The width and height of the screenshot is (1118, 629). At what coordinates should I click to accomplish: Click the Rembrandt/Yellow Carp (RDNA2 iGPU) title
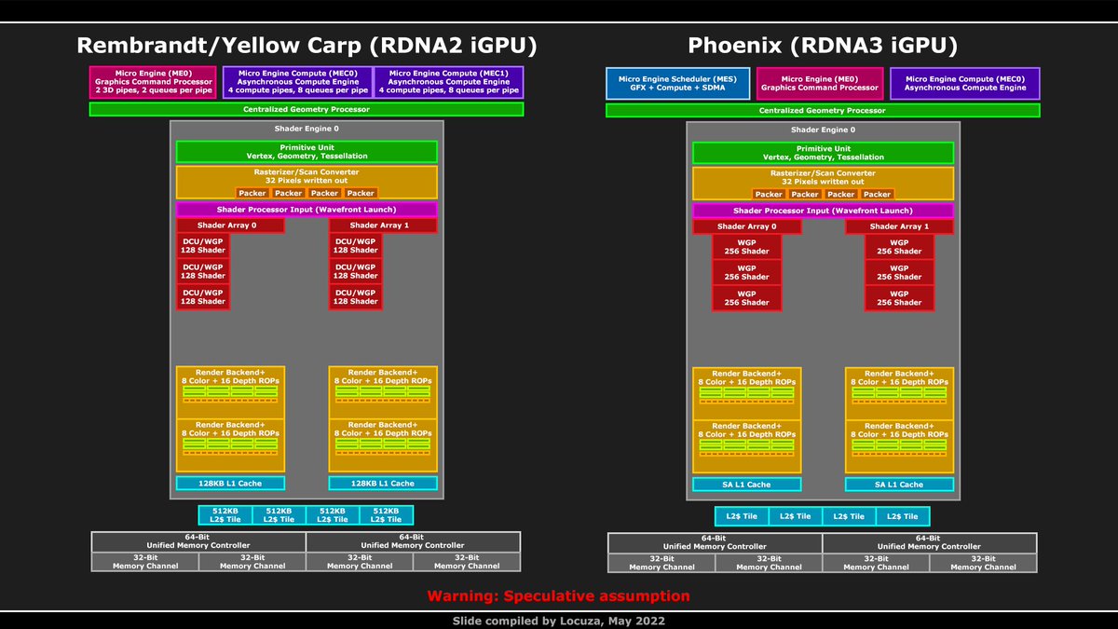pos(307,46)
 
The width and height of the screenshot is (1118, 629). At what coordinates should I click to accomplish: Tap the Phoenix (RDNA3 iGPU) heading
pos(823,46)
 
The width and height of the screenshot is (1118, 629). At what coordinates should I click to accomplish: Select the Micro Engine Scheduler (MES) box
pos(676,83)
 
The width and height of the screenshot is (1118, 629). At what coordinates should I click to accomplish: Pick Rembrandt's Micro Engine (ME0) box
pos(154,83)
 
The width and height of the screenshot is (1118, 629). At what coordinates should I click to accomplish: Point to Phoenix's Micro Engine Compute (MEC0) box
pos(965,83)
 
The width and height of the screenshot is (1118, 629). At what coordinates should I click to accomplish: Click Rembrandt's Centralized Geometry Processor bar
pos(307,109)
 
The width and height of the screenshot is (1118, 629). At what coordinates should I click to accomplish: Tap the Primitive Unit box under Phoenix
pos(823,151)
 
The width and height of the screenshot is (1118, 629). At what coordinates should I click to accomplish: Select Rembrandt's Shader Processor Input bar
pos(307,210)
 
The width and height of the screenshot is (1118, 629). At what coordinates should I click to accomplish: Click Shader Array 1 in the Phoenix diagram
pos(899,226)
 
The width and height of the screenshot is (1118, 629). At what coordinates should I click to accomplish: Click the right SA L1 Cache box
pos(899,485)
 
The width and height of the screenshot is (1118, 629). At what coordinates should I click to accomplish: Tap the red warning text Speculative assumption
pos(558,595)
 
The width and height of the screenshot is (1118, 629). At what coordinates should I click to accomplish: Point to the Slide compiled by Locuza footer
pos(558,620)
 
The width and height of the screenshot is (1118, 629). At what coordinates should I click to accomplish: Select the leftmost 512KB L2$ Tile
pos(225,515)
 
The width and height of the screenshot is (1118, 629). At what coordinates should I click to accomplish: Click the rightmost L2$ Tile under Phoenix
pos(902,516)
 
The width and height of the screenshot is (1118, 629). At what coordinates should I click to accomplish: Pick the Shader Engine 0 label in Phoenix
pos(823,130)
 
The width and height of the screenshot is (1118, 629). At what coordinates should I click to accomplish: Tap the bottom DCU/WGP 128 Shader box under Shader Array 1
pos(355,297)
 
